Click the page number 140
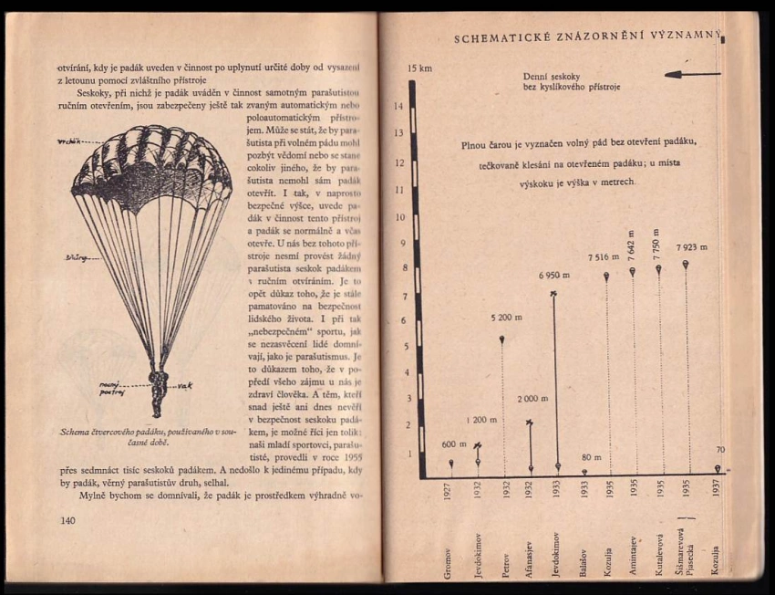[x=67, y=520]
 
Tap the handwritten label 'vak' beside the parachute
[x=185, y=384]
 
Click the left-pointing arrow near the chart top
[x=692, y=74]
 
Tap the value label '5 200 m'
[x=506, y=318]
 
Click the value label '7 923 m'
[x=692, y=246]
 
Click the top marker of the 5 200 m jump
[x=502, y=339]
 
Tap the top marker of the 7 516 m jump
[x=606, y=276]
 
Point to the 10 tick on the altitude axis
[x=398, y=217]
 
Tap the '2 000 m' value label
[x=532, y=400]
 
